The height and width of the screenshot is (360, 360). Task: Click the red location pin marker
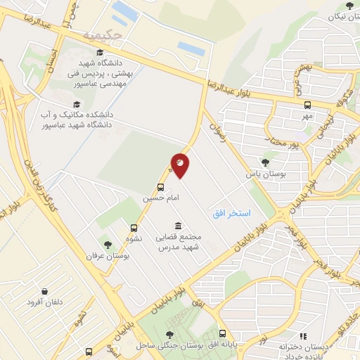(180, 166)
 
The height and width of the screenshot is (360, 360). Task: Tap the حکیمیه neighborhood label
(102, 34)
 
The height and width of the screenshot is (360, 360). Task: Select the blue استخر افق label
(233, 212)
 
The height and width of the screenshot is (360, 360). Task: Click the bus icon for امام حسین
(161, 188)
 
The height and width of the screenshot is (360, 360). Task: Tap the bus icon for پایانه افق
(223, 335)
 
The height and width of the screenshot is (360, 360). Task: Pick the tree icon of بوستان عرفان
(108, 245)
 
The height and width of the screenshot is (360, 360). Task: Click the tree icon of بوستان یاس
(265, 162)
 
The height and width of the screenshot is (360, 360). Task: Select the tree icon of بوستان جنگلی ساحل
(169, 335)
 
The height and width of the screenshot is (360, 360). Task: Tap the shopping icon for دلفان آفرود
(44, 291)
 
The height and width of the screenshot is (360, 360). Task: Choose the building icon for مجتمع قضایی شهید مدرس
(176, 226)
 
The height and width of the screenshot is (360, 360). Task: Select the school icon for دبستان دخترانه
(304, 337)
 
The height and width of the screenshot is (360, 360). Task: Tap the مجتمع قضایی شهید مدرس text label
(180, 243)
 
